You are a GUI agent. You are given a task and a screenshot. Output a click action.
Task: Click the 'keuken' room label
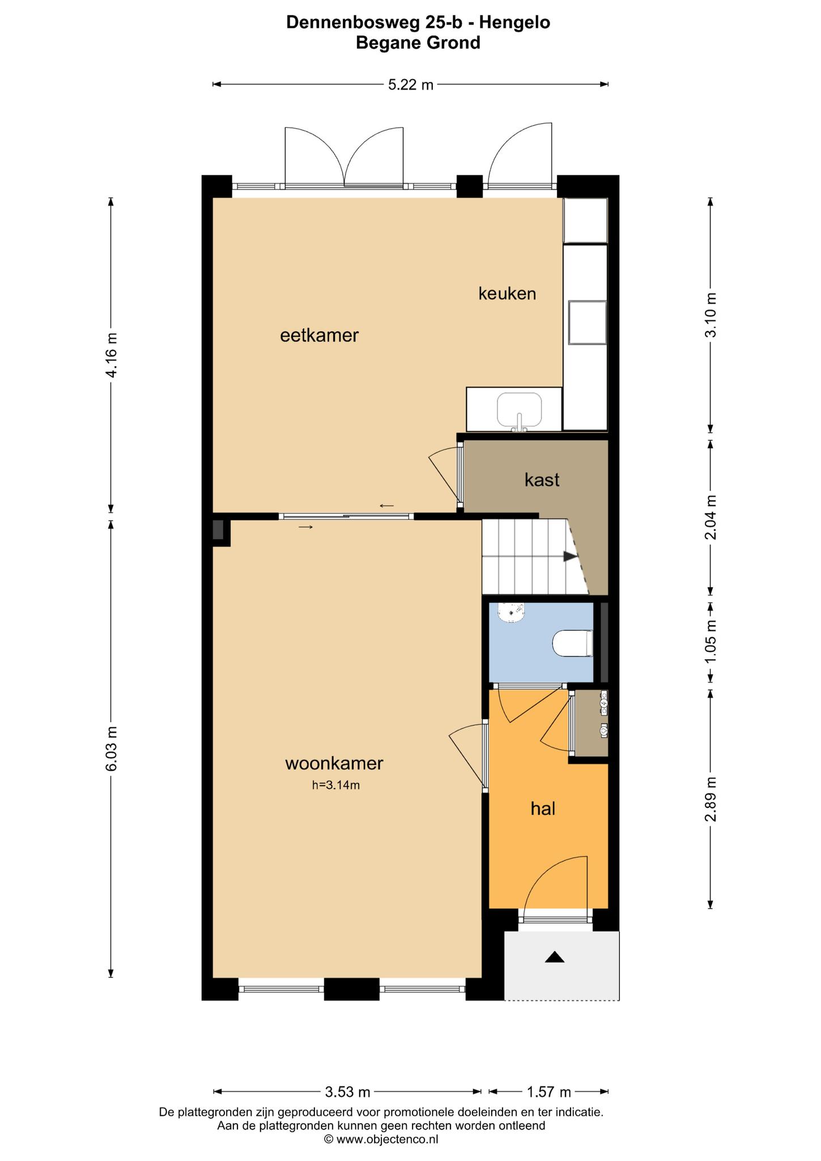[507, 294]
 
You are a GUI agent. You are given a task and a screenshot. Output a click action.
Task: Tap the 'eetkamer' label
[320, 336]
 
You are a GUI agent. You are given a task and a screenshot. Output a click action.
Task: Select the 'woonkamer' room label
[334, 764]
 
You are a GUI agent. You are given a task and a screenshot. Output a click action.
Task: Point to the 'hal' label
[543, 808]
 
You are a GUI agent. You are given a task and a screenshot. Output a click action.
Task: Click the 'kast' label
[542, 480]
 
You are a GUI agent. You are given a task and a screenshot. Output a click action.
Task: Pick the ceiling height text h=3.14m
[336, 785]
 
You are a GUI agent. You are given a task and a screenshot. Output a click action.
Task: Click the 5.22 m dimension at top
[411, 85]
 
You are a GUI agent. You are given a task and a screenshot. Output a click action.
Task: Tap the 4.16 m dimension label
[112, 355]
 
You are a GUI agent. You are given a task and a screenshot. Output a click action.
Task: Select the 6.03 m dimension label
[112, 748]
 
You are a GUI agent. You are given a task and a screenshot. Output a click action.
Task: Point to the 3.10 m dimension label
[711, 315]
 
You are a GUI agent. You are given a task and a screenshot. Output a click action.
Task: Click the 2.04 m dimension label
[711, 517]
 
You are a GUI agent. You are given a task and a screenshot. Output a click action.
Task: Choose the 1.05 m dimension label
[711, 641]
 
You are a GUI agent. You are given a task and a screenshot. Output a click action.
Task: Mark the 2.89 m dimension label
[711, 799]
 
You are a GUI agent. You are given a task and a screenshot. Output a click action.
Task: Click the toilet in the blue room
[573, 643]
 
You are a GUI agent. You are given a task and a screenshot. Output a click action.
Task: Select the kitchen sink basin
[519, 410]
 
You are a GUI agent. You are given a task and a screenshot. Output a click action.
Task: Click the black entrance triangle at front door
[555, 957]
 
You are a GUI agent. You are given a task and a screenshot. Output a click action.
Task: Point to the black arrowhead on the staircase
[571, 557]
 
